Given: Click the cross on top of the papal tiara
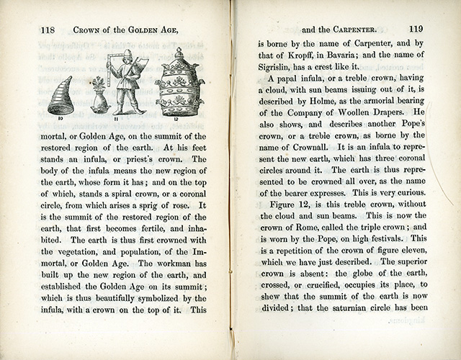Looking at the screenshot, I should [x=179, y=51].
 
